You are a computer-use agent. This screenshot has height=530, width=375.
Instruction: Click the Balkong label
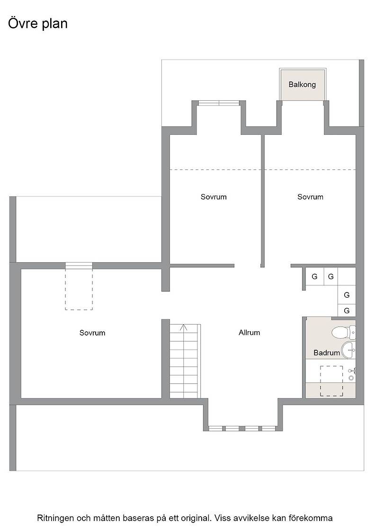302,85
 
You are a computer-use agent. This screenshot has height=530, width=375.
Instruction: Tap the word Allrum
249,333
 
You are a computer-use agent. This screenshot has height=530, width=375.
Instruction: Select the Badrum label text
327,353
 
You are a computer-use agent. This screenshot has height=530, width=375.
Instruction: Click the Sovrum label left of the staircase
92,333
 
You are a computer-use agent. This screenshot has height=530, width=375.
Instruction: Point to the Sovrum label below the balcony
311,197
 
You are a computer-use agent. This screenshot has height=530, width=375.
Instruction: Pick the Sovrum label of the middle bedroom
214,197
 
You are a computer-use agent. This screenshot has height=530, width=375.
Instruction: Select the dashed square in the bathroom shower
331,381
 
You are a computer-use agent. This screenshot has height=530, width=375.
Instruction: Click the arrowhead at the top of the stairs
184,327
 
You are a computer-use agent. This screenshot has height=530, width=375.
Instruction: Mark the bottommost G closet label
347,310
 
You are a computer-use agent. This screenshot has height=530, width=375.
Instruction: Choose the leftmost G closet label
314,277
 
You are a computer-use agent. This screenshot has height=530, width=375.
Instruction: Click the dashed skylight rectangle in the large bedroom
79,289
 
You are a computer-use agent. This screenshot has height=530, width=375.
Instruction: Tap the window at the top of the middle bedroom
219,103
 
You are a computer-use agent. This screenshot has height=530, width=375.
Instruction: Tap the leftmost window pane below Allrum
216,429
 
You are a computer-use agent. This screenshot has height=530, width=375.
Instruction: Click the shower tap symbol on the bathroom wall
352,374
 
